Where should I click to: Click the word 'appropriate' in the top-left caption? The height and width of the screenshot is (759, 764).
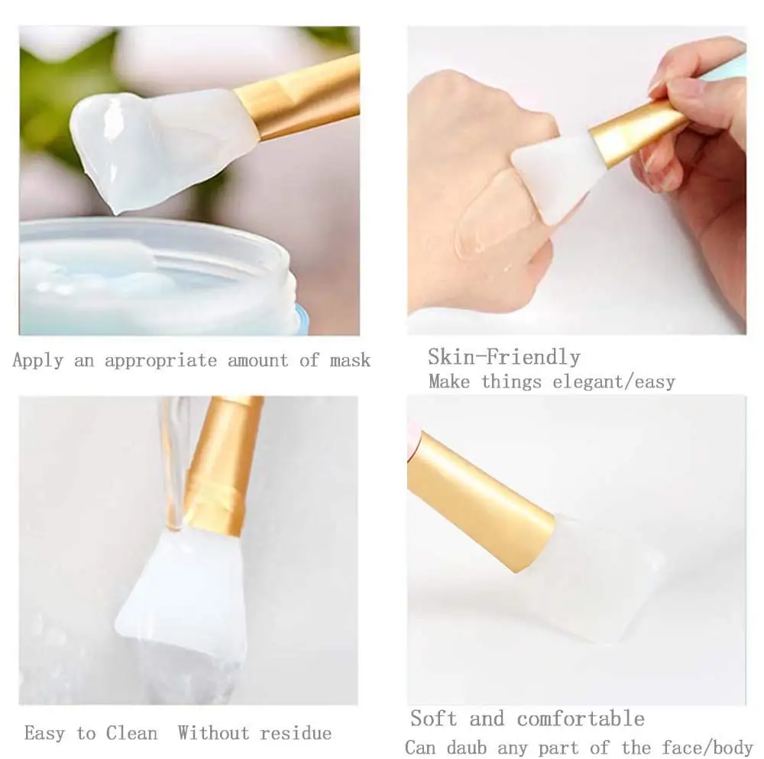160,361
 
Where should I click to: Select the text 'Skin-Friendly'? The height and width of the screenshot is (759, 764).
503,357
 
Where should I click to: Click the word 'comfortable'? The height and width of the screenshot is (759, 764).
581,718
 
